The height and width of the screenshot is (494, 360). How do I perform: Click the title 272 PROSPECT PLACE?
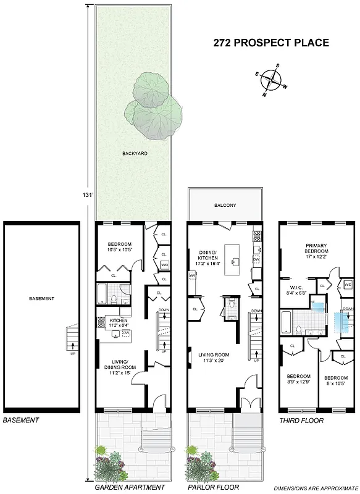(x=271, y=43)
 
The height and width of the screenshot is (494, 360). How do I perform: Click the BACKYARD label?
(x=134, y=153)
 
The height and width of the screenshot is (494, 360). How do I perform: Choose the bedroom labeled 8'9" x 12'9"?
(x=297, y=380)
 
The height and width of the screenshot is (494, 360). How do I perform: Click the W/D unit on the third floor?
(x=348, y=285)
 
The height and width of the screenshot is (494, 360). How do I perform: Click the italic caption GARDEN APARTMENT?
(x=129, y=487)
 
